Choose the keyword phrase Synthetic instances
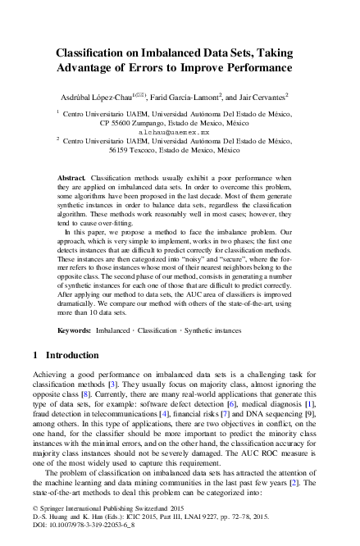click(204, 330)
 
